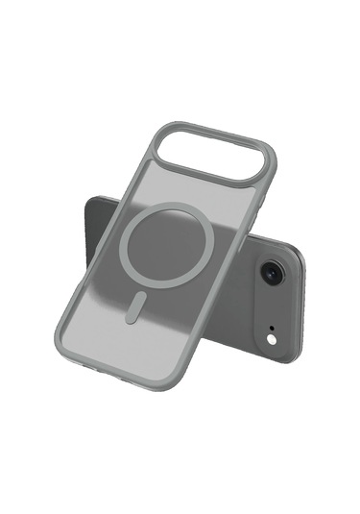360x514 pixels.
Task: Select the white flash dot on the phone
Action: [x=272, y=339]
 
